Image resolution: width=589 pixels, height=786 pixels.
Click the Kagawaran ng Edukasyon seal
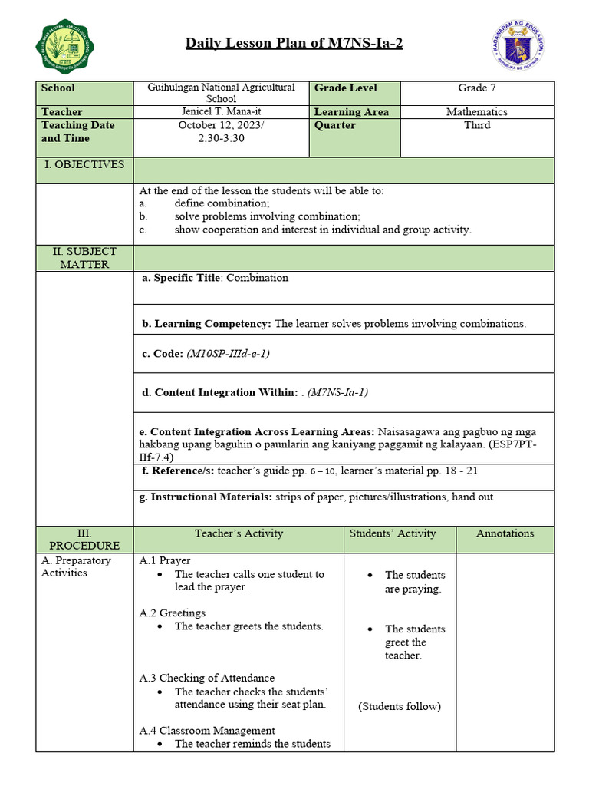coord(518,46)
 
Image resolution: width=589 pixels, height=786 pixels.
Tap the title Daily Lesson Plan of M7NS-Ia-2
coord(294,43)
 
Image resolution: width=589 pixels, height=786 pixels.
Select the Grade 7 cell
coord(478,88)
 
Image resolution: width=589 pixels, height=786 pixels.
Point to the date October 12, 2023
coord(221,125)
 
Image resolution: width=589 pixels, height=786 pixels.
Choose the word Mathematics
coord(477,112)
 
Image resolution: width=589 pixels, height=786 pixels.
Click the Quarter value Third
coord(477,125)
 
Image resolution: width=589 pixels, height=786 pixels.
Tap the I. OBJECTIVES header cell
coord(84,164)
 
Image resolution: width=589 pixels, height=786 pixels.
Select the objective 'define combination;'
coord(222,203)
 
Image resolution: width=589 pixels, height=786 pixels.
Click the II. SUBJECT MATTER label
coord(84,258)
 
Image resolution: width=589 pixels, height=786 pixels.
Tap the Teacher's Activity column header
coord(239,533)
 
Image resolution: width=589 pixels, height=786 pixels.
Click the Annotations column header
coord(505,533)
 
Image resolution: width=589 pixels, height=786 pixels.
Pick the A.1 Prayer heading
coord(165,560)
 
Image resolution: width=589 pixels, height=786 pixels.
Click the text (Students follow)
coord(400,706)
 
